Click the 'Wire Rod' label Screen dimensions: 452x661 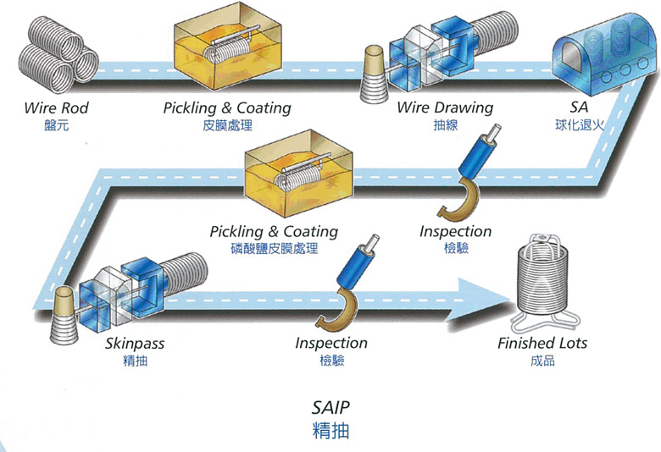(56, 108)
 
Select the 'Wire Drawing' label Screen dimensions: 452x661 (445, 108)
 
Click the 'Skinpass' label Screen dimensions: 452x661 (135, 345)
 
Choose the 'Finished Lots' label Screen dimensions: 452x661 (542, 344)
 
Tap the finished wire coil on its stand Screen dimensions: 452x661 (546, 284)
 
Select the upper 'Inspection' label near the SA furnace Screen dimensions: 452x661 (455, 231)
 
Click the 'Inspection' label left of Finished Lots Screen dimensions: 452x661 (331, 343)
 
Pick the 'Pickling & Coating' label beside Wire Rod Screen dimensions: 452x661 (227, 108)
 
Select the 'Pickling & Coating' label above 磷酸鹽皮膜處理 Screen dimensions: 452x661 (274, 231)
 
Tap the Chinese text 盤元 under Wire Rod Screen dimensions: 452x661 (56, 125)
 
